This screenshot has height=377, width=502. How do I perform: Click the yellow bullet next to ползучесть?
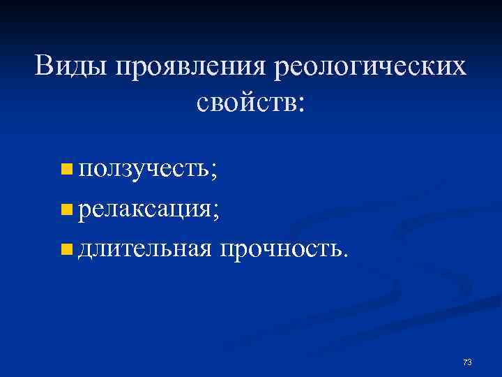[x=66, y=168]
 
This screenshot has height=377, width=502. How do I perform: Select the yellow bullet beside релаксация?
[x=66, y=207]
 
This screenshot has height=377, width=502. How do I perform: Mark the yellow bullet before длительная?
[x=66, y=246]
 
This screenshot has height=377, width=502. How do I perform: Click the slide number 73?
[x=467, y=362]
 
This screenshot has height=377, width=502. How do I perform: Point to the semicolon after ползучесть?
[x=213, y=170]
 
